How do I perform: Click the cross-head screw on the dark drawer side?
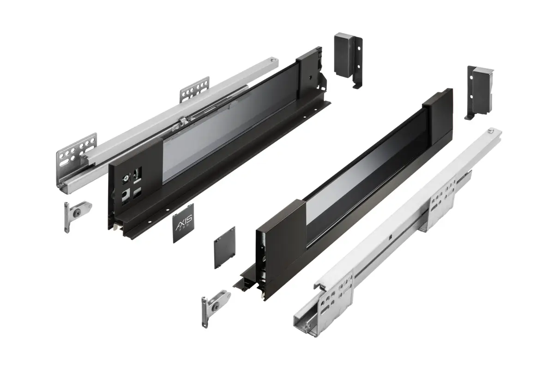point(125,177)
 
